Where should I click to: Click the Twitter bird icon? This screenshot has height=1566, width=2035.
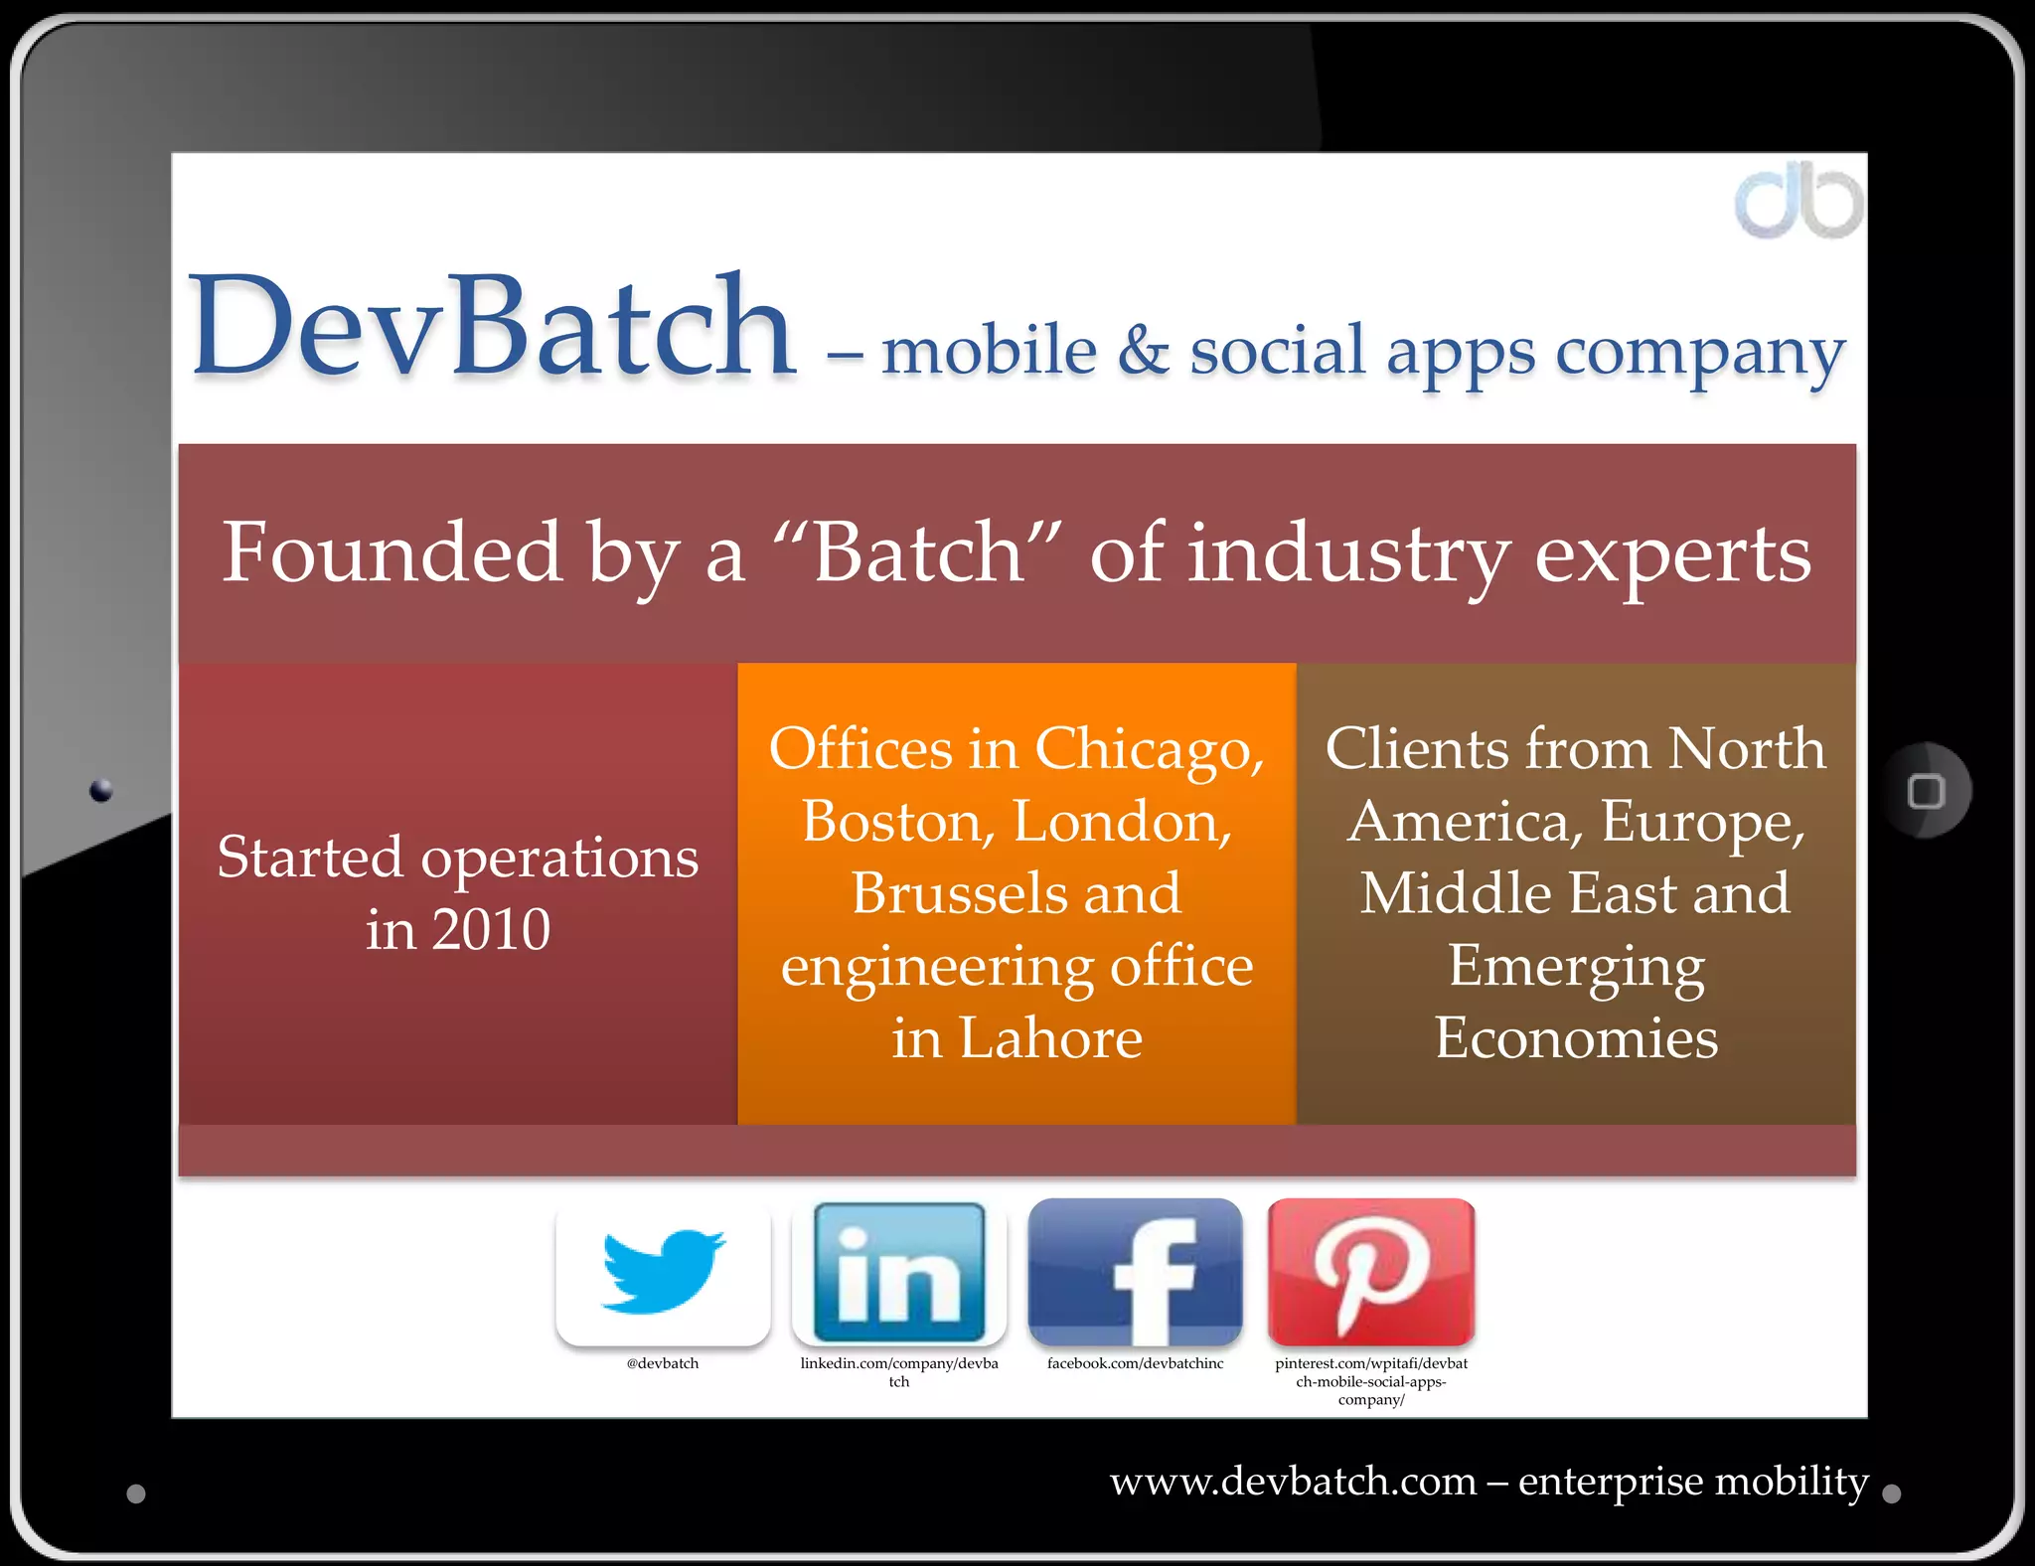[663, 1271]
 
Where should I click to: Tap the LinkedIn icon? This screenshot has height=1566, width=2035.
[899, 1271]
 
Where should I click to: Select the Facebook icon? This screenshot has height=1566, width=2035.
[1135, 1271]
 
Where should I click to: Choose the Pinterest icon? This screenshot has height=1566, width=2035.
[1371, 1271]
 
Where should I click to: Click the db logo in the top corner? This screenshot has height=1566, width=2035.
[1799, 204]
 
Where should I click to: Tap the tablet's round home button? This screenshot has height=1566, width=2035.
[1926, 791]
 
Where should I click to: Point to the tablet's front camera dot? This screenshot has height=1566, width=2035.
[100, 791]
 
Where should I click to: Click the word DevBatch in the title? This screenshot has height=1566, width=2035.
[493, 328]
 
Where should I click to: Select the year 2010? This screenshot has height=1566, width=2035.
[491, 930]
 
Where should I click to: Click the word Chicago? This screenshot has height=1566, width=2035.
[1149, 749]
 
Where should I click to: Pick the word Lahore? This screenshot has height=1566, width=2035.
[1050, 1039]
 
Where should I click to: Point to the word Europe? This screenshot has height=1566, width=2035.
[1701, 823]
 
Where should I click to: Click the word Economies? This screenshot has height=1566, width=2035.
[1576, 1039]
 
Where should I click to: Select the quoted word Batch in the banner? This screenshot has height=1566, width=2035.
[919, 552]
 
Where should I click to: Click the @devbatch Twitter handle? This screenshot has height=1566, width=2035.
[663, 1363]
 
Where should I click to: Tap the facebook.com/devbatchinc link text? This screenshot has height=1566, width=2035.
[1135, 1363]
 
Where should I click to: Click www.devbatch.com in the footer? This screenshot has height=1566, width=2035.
[1293, 1482]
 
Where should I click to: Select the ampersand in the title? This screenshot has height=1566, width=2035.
[1143, 350]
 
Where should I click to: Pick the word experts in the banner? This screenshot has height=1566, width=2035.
[1673, 554]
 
